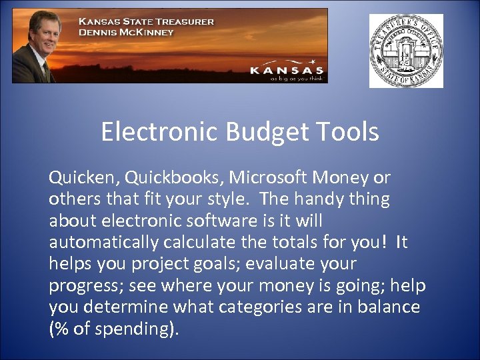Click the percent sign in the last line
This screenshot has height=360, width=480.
(x=63, y=329)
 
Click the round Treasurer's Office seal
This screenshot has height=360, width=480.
(x=406, y=51)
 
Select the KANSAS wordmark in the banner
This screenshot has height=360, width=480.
(x=287, y=69)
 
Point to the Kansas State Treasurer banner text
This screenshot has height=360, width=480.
(x=147, y=21)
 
